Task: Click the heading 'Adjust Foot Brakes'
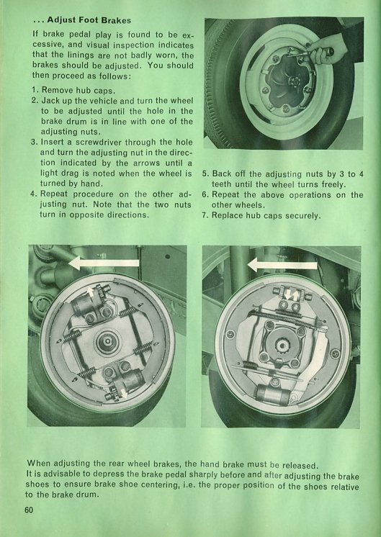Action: click(89, 20)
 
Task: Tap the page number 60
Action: click(29, 510)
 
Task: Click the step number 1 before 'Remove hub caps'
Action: click(35, 91)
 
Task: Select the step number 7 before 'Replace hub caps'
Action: click(205, 215)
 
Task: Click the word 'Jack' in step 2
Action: click(50, 101)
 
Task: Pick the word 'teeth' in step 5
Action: click(222, 184)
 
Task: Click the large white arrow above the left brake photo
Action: click(104, 263)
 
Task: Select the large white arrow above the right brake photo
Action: click(282, 265)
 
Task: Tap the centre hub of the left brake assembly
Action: click(107, 341)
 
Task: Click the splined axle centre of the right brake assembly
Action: click(282, 346)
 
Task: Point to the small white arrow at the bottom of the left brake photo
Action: click(123, 393)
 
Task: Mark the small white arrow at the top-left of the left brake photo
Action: click(90, 292)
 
